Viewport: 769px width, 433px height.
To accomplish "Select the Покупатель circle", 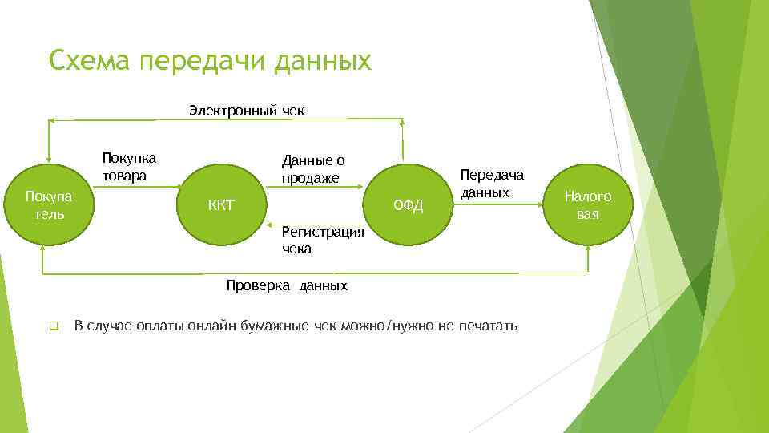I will [48, 205].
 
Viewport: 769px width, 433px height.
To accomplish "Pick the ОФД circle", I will [408, 205].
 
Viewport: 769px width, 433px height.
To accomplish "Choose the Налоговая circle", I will [587, 205].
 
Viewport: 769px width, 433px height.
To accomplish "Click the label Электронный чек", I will [247, 110].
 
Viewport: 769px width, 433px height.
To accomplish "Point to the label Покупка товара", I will [129, 166].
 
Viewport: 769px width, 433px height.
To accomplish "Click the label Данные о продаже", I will [312, 168].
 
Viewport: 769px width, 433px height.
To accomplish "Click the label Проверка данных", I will [287, 286].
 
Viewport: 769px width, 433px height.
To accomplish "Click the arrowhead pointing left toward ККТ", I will [271, 225].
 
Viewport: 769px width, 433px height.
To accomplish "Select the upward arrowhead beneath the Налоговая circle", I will [588, 250].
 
